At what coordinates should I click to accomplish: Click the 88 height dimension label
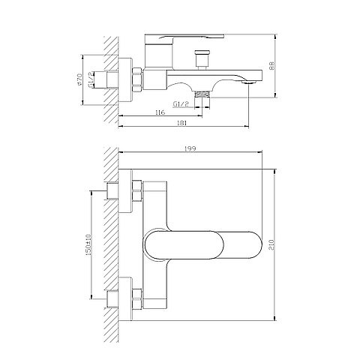(272, 66)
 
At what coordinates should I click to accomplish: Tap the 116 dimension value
(160, 112)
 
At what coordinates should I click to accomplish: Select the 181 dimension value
(182, 123)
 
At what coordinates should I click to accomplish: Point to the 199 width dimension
(190, 148)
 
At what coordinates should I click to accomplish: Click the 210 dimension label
(272, 244)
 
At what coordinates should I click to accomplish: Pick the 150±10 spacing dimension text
(88, 244)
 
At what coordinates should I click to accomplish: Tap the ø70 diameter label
(79, 79)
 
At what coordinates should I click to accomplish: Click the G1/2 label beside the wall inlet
(91, 80)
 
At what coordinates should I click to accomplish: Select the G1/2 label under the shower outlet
(181, 104)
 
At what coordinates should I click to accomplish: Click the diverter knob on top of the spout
(202, 60)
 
